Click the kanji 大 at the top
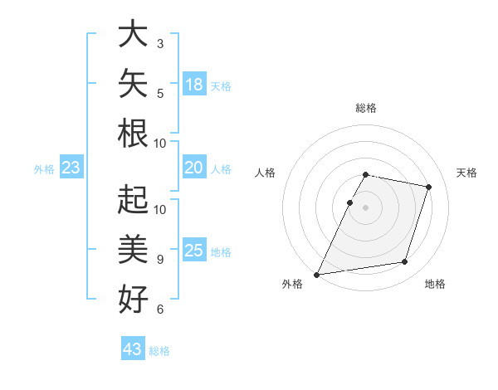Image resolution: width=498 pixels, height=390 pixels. [x=133, y=33]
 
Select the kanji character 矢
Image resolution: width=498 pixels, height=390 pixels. [x=133, y=83]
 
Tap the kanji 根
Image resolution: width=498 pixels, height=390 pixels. [x=133, y=133]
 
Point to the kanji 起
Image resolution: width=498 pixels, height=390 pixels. [x=133, y=199]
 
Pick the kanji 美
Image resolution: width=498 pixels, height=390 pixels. [x=133, y=249]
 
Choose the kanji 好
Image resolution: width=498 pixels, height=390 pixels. [x=133, y=299]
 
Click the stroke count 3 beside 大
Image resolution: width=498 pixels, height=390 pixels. [x=160, y=43]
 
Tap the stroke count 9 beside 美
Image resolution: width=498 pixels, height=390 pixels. [x=160, y=260]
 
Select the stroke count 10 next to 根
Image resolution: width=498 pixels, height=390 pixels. [x=159, y=144]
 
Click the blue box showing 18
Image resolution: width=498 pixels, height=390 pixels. [x=194, y=84]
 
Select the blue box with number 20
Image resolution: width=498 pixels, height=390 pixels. [x=194, y=167]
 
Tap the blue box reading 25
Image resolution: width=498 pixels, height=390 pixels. [x=194, y=249]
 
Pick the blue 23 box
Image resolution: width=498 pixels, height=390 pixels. [x=71, y=167]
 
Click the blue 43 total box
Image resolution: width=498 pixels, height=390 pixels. [x=133, y=348]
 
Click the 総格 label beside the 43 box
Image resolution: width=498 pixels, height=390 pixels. [x=159, y=351]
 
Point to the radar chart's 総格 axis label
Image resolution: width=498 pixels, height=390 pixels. [x=366, y=108]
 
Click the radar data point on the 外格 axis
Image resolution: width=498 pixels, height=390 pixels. [x=316, y=275]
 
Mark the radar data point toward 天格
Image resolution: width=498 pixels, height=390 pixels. [x=428, y=187]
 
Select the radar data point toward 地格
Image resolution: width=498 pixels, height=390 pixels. [x=405, y=261]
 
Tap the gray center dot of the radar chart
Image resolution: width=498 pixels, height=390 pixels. [x=365, y=207]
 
